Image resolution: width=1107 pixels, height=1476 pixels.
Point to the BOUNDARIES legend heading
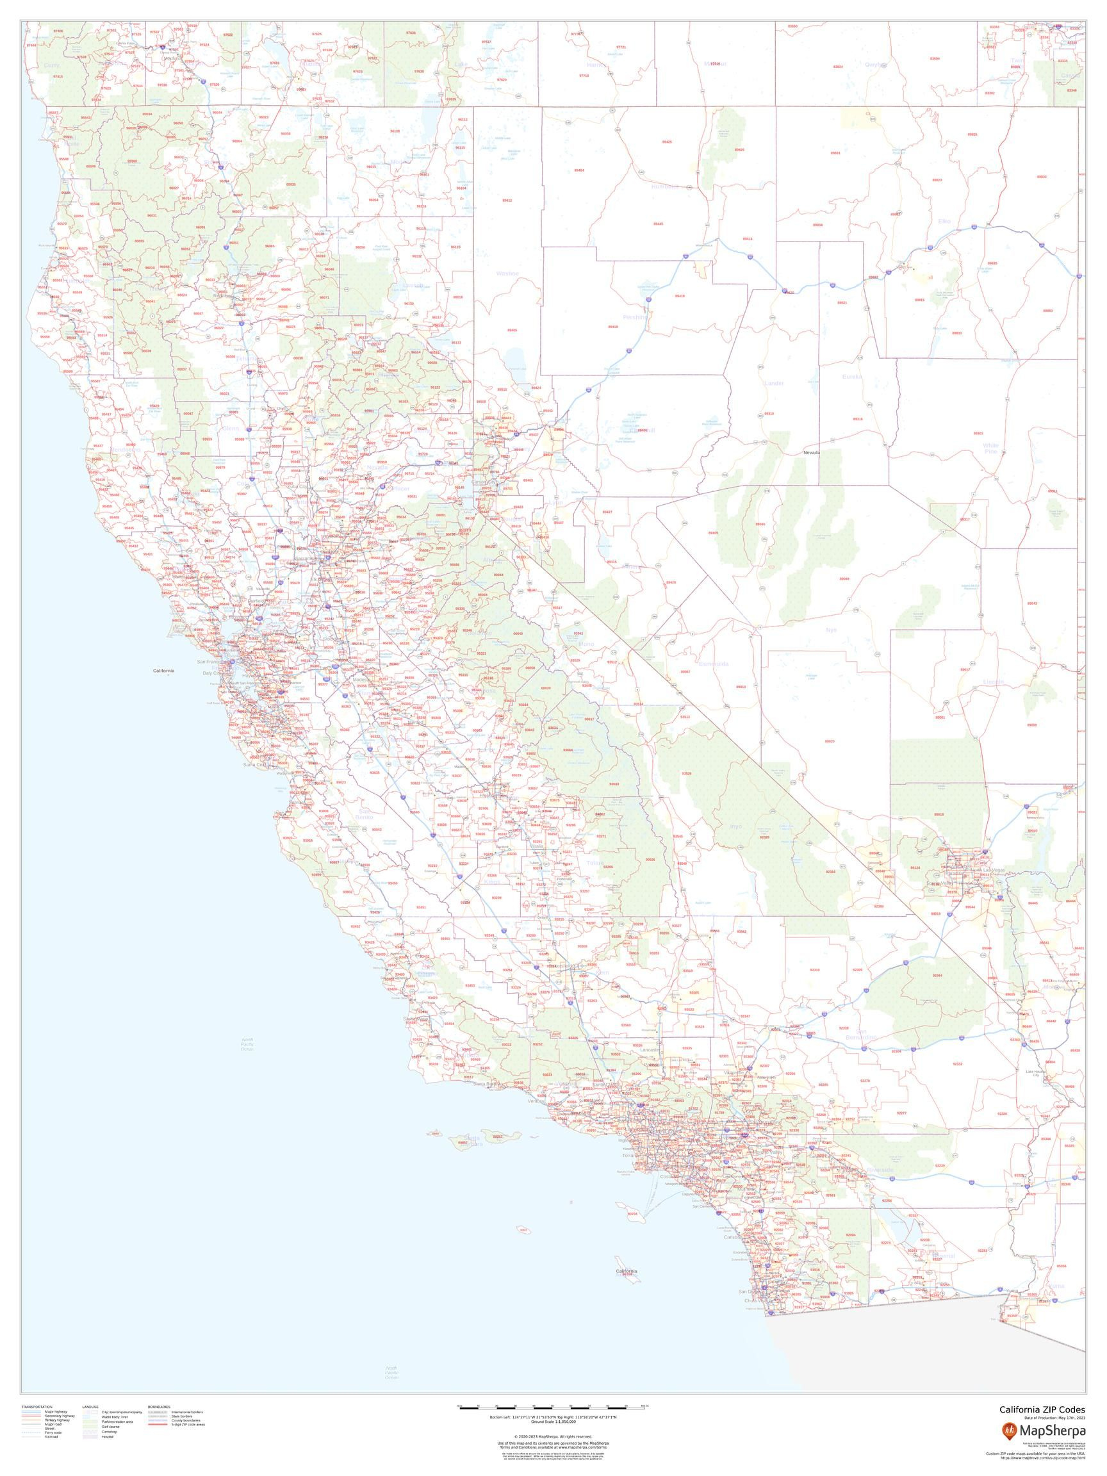pos(160,1404)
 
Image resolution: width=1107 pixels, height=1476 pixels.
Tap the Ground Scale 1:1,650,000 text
pos(553,1421)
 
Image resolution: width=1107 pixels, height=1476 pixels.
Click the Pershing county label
pos(635,318)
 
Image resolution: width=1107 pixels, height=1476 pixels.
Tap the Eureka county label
pos(852,376)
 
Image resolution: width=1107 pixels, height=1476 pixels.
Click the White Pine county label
pos(991,448)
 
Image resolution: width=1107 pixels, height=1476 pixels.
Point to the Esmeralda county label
pos(713,664)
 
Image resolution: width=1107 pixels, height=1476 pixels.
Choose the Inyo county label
pos(735,826)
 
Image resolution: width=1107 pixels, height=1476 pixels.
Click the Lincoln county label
pos(993,682)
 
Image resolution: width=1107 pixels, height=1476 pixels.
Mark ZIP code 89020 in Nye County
pos(830,741)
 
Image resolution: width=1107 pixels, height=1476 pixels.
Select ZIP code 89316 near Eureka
pos(857,419)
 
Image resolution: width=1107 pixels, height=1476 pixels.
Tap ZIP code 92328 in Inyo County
pos(765,837)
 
